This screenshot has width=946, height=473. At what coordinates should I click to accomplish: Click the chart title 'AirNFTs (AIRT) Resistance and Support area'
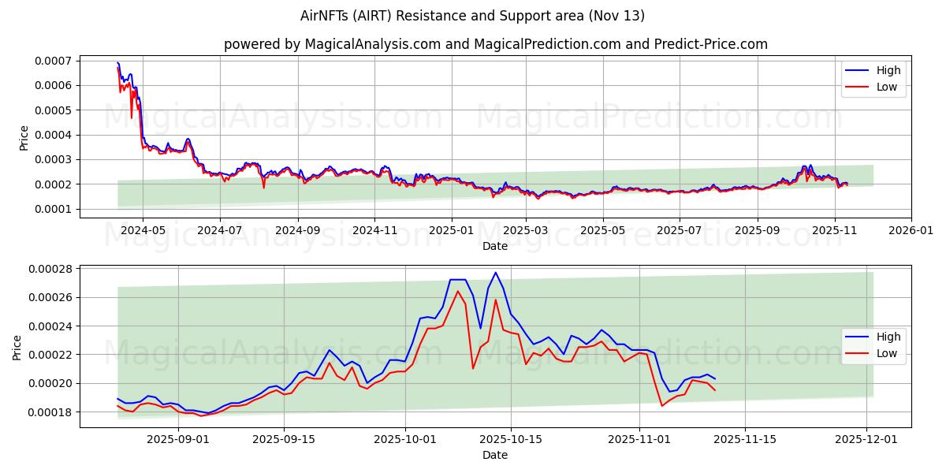tap(472, 16)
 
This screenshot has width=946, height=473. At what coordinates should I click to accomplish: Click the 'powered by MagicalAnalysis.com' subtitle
tap(332, 44)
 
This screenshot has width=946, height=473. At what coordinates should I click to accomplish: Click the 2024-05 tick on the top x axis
tap(143, 230)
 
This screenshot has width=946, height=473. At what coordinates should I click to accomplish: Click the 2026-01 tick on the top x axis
tap(911, 230)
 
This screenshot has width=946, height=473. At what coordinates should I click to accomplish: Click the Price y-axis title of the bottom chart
tap(17, 347)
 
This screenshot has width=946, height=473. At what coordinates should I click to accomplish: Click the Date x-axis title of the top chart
tap(495, 246)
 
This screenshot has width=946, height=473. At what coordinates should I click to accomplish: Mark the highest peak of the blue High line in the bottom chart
tap(495, 273)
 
